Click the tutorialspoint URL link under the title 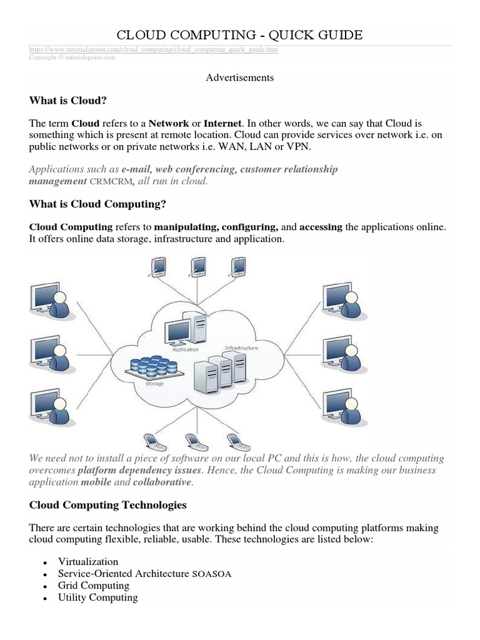tap(153, 49)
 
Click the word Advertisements tap(239, 77)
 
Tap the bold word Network tap(168, 124)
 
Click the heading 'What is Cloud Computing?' tap(97, 204)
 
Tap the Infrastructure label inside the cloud tap(241, 347)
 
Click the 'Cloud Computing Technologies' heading tap(107, 504)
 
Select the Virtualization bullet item tap(87, 562)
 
